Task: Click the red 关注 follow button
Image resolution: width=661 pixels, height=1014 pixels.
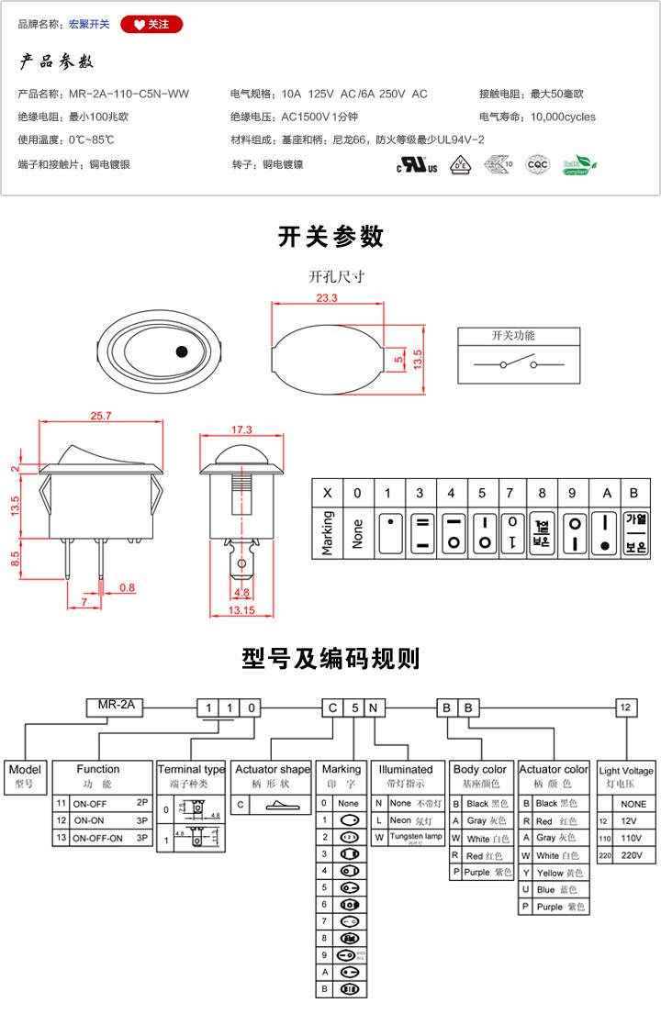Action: (x=151, y=24)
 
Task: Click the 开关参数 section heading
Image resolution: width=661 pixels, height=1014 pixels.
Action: (x=330, y=236)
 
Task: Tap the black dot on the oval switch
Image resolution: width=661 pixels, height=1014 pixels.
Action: (x=181, y=351)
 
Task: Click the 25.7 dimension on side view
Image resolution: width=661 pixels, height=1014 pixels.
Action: (x=100, y=416)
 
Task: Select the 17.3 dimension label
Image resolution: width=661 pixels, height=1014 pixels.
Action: (x=241, y=429)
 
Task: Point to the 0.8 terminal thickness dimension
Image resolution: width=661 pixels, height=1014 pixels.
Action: (x=127, y=587)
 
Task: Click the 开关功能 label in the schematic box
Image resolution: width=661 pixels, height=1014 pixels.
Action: (x=513, y=336)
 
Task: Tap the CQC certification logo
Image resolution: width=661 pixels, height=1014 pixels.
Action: (x=536, y=164)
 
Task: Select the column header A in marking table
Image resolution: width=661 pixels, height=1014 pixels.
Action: (x=605, y=493)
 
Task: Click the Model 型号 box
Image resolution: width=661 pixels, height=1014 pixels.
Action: (x=25, y=776)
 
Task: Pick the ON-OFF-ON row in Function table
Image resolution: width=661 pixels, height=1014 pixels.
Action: (x=104, y=838)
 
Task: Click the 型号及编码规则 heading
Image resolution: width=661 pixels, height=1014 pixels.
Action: (x=330, y=658)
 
